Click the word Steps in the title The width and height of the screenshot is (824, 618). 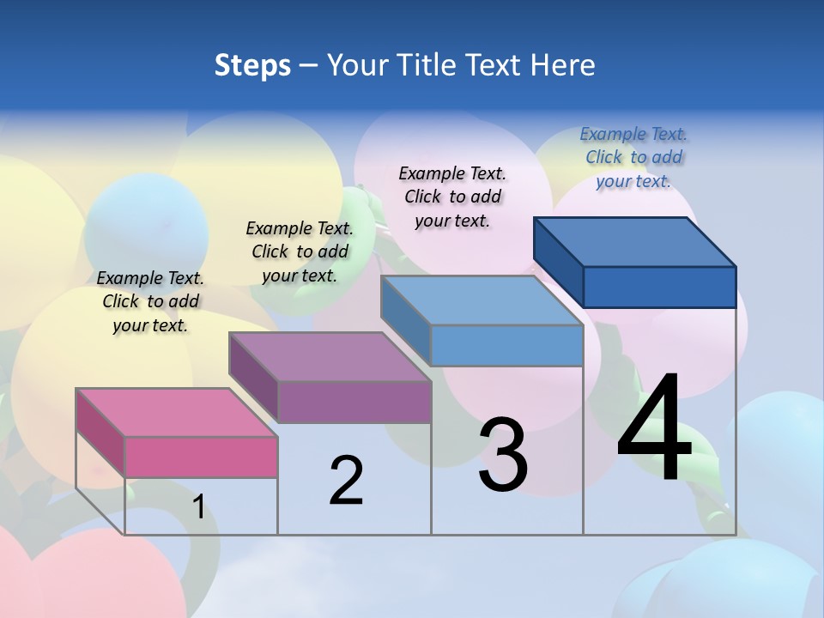[252, 65]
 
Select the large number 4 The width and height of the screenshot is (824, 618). [655, 429]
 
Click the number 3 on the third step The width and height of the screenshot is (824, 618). [502, 455]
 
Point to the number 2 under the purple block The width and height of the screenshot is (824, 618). [346, 481]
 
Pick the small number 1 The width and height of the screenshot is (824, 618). [198, 507]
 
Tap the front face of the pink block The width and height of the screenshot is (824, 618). [201, 457]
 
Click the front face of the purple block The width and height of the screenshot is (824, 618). [354, 402]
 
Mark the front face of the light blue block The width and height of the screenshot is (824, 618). [506, 345]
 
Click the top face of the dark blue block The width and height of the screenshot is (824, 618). [634, 241]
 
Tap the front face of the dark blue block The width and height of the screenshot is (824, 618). [659, 287]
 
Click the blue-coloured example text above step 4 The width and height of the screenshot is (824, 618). [633, 157]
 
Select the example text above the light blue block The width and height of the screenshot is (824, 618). [452, 197]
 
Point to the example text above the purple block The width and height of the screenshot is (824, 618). [300, 251]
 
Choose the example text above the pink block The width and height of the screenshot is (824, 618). [150, 301]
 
